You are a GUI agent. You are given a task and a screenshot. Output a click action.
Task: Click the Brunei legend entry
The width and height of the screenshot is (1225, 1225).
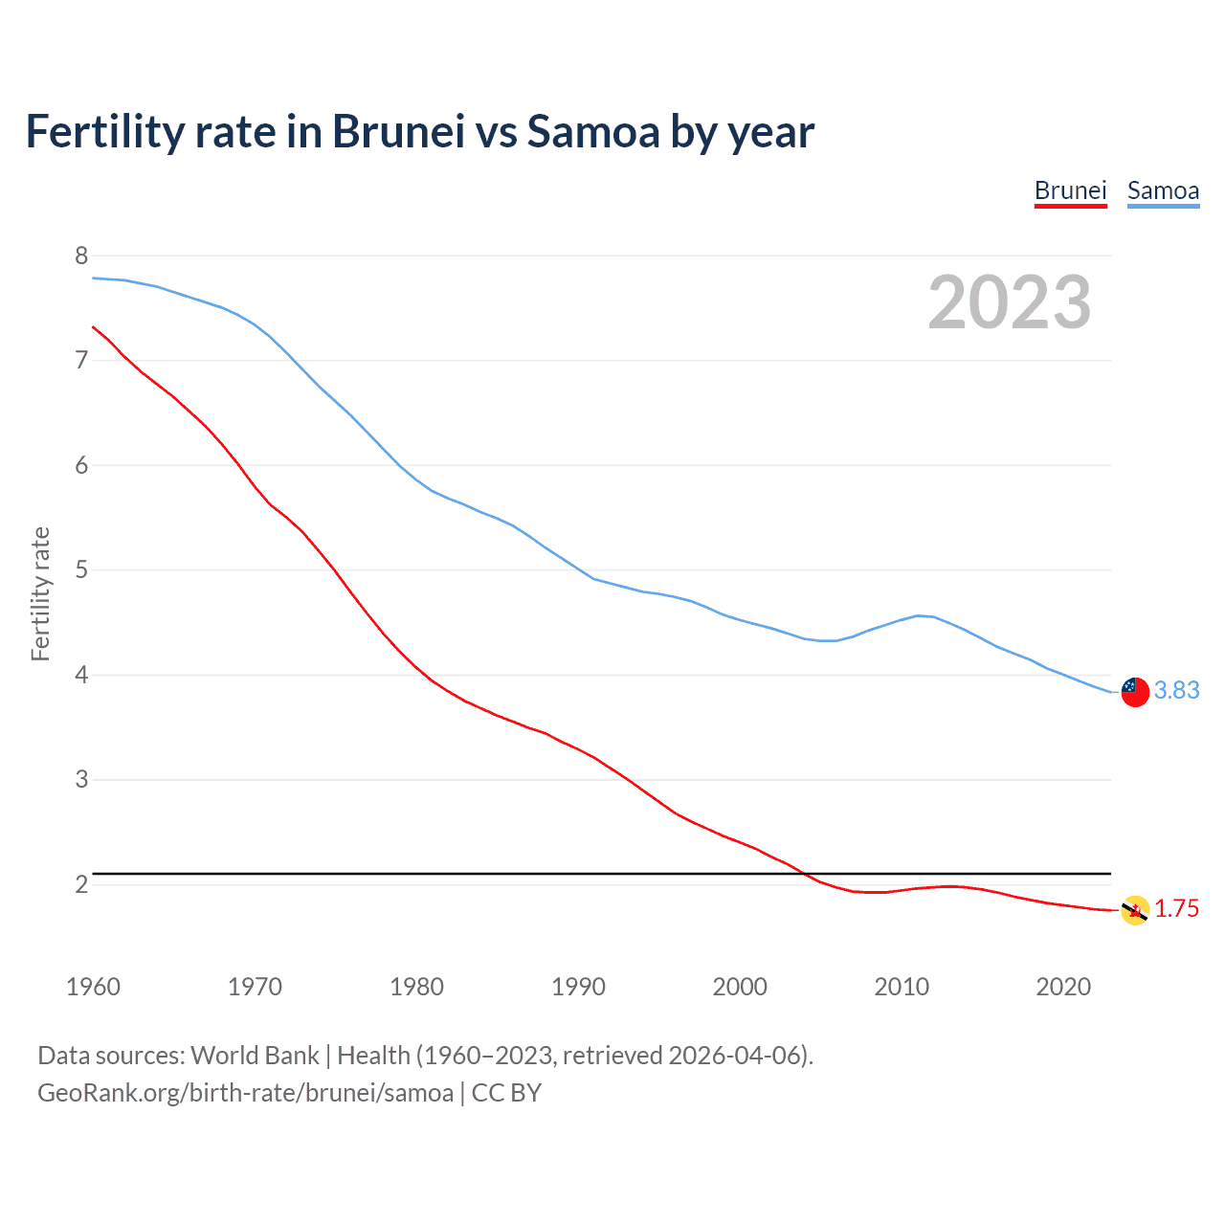click(x=1070, y=190)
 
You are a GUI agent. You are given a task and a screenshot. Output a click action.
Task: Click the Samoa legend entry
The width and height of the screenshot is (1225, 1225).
click(x=1163, y=190)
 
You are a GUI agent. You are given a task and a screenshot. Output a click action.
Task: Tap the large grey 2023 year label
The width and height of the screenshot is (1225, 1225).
click(x=1009, y=302)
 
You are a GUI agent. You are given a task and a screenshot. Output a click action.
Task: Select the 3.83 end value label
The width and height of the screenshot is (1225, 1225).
click(x=1176, y=690)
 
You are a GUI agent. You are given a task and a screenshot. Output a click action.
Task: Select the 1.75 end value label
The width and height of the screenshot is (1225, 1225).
click(x=1176, y=908)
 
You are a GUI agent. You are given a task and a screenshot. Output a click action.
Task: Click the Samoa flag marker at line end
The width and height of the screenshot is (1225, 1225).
click(x=1135, y=691)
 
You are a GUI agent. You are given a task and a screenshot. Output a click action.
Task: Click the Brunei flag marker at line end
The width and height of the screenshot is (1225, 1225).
click(x=1135, y=910)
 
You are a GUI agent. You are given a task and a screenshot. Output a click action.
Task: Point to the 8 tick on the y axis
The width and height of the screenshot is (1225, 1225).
click(x=81, y=256)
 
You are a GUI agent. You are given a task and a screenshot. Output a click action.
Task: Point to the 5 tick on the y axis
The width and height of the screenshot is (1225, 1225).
click(x=81, y=570)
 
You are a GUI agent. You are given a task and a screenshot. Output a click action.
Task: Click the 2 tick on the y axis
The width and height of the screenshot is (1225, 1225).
click(x=81, y=884)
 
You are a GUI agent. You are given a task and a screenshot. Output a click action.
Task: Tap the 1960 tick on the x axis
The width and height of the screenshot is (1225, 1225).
click(x=93, y=987)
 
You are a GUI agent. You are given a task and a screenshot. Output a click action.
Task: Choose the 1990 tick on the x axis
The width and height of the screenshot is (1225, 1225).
click(x=578, y=987)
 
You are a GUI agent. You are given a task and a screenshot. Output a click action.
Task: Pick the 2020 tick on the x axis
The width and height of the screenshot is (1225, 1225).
click(x=1063, y=987)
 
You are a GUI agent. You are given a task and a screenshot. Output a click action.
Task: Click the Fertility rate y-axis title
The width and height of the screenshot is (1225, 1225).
click(x=40, y=593)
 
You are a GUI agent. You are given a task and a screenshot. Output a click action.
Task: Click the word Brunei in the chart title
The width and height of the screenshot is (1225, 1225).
click(x=398, y=131)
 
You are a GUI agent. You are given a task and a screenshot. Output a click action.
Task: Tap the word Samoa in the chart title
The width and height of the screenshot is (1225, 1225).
click(x=593, y=131)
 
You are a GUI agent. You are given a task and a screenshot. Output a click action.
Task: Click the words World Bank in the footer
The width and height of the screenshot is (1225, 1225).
click(x=255, y=1055)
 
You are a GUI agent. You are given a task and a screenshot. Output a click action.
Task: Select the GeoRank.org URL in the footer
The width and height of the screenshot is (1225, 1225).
click(x=245, y=1092)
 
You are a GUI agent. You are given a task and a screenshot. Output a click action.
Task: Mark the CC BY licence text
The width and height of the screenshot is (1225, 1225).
click(x=506, y=1092)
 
